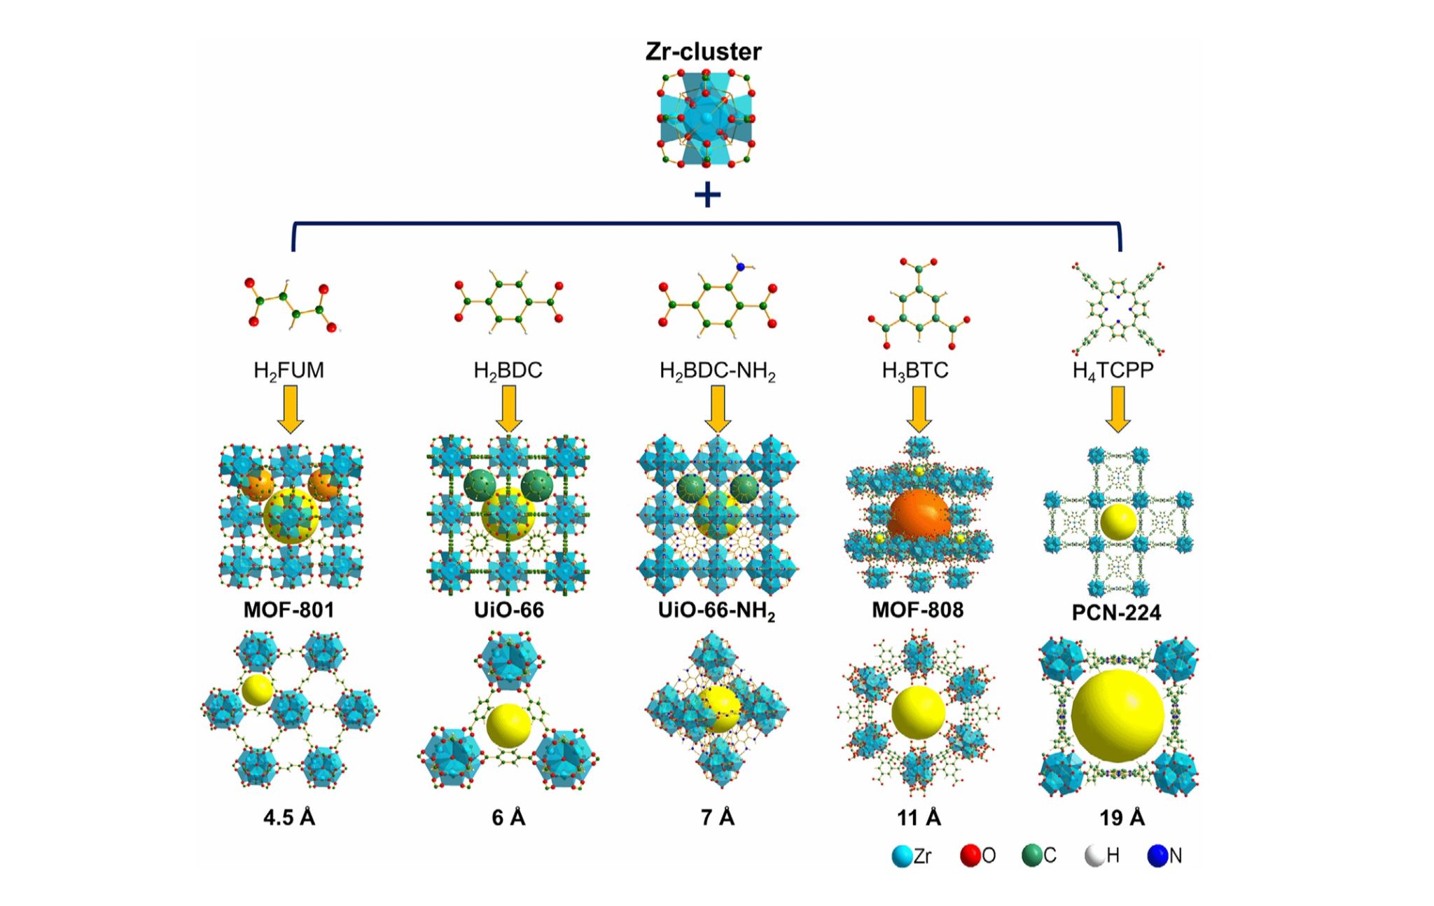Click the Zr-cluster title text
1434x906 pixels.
703,52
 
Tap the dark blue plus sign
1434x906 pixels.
707,195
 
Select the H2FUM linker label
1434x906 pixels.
288,370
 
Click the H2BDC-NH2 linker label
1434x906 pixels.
717,370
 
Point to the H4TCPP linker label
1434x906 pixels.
1113,370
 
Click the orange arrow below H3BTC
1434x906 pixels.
919,409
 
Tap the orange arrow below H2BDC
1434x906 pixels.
509,409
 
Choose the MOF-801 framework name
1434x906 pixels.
288,610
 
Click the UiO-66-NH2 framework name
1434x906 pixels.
716,611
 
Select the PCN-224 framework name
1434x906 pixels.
1116,613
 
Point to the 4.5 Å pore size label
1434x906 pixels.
288,817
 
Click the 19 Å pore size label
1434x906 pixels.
1122,817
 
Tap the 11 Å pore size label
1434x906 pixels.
919,817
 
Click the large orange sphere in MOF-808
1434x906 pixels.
919,518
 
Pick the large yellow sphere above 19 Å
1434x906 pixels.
1118,716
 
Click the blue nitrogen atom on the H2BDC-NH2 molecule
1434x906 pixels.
741,267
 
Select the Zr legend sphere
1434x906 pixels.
902,856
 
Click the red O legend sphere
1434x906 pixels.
970,856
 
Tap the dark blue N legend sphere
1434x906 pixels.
1157,856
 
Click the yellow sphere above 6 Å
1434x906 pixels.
509,725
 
